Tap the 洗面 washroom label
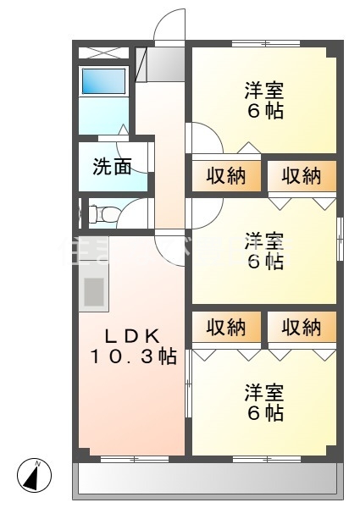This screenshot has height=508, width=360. click(x=112, y=167)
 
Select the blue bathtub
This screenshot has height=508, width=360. click(x=103, y=84)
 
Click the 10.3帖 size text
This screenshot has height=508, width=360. click(x=133, y=357)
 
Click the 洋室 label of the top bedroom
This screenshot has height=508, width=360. click(x=264, y=90)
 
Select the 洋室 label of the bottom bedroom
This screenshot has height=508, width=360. click(x=264, y=393)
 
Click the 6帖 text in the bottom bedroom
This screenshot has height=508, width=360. click(x=264, y=414)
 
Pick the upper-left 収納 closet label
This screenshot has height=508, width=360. click(x=226, y=176)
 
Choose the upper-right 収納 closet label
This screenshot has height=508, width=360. click(x=302, y=176)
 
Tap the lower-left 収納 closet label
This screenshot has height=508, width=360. click(x=226, y=327)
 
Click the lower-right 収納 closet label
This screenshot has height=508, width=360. click(x=302, y=327)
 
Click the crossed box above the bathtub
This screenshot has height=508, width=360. click(x=103, y=52)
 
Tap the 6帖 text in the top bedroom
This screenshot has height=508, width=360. click(x=264, y=111)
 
